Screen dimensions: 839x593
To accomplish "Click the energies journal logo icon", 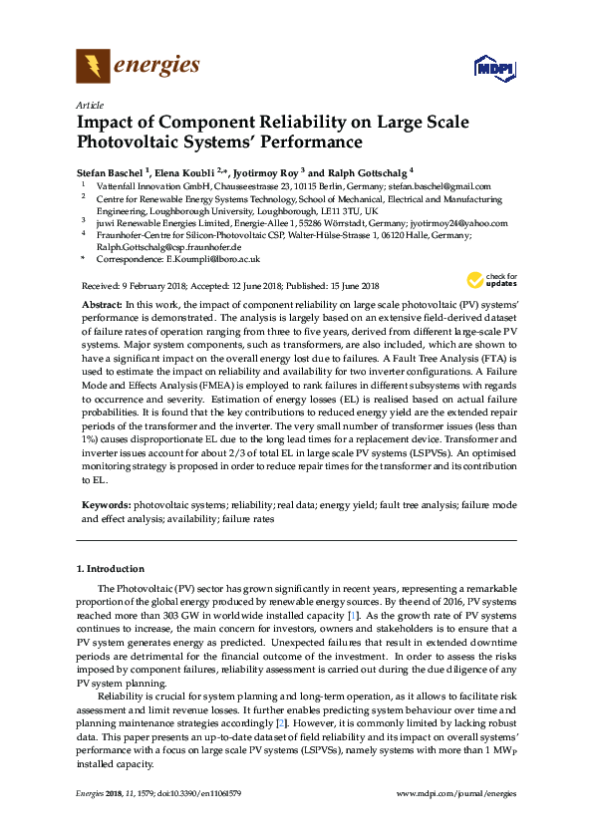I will (94, 67).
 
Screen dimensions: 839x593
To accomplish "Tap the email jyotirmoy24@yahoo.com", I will (459, 224).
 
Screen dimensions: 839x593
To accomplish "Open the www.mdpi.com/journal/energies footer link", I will (456, 793).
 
